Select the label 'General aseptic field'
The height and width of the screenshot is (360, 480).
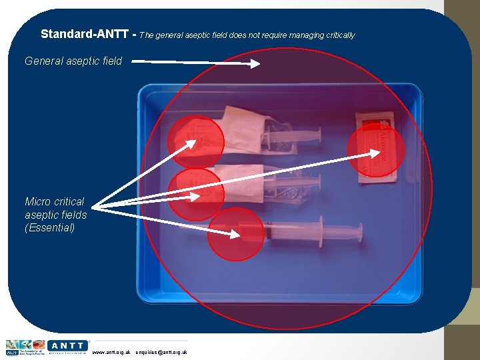point(73,61)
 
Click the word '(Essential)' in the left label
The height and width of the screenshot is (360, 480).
point(50,228)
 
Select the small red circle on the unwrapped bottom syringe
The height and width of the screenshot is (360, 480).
point(235,234)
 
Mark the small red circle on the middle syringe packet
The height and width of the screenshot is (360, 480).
point(195,194)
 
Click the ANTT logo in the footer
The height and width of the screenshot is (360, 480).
point(67,346)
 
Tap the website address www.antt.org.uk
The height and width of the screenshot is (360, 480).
point(111,352)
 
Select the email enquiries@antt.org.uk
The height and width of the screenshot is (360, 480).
point(161,352)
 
